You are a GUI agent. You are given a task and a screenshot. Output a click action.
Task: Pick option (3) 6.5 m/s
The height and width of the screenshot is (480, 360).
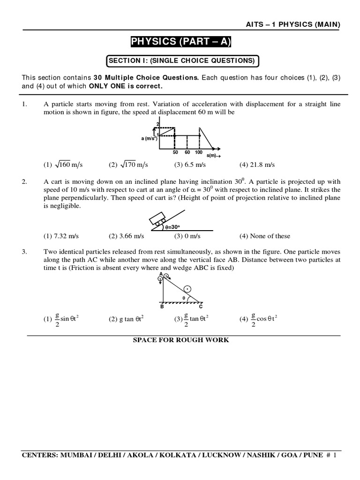coord(190,165)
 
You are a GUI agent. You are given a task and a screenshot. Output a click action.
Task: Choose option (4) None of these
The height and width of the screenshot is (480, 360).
coord(265,236)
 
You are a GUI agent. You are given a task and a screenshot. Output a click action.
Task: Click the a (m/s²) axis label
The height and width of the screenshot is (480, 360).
coord(148,138)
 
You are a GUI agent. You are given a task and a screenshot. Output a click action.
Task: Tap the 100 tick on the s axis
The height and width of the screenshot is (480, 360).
coord(199,153)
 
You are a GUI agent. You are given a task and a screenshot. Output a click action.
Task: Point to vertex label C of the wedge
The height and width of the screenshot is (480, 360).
coord(201,307)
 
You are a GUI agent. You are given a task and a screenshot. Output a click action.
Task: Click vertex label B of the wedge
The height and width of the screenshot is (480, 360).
coord(162,307)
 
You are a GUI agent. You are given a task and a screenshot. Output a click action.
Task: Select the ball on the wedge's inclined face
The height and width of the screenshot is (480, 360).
coord(188,289)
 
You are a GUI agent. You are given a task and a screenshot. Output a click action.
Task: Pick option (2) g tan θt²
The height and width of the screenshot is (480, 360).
coord(126,319)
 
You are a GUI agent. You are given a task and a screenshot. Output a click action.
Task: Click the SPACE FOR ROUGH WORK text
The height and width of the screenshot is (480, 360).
coord(181,340)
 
